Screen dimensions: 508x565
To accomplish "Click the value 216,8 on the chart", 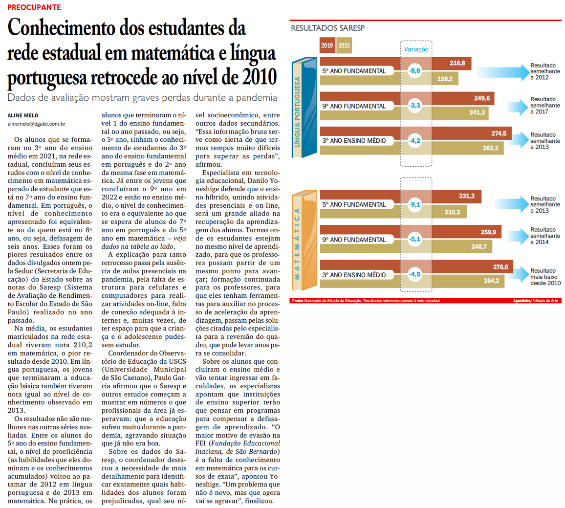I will tap(457, 63).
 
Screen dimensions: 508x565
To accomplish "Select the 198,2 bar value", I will tap(445, 79).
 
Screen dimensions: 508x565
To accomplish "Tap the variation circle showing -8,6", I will tap(415, 71).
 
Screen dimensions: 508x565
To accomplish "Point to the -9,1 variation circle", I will tap(415, 204).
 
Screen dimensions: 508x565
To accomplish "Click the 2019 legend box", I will tap(327, 45).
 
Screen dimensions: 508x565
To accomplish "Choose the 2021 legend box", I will tap(344, 45).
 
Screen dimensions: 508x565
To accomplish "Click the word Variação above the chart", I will tap(416, 49).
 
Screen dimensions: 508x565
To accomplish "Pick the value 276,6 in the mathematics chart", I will tap(500, 267).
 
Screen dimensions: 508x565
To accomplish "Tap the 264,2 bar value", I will tap(491, 281).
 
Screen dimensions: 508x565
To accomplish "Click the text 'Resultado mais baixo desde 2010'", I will tap(545, 277).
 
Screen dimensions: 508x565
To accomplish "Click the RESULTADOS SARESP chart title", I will tap(327, 28).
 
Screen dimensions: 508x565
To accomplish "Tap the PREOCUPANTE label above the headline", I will tap(34, 7).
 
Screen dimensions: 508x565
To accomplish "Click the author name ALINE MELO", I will tap(23, 115).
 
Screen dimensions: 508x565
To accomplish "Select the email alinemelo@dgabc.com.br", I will tap(36, 124).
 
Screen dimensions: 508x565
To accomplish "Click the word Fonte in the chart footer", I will tap(297, 301).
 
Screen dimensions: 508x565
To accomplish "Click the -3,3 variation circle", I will tap(415, 106).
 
